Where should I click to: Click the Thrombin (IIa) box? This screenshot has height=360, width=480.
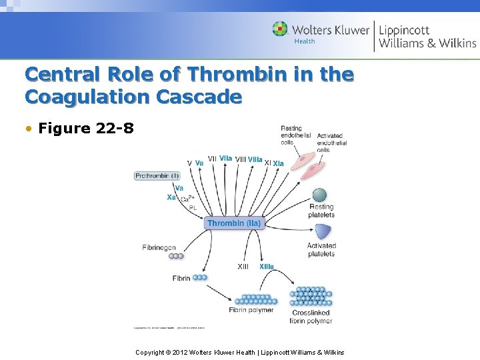pyautogui.click(x=234, y=223)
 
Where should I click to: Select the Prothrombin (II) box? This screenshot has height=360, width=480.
pyautogui.click(x=157, y=176)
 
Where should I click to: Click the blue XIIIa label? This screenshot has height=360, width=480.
pyautogui.click(x=266, y=267)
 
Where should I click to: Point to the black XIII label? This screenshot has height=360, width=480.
pyautogui.click(x=243, y=267)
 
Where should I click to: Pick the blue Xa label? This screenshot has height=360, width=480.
pyautogui.click(x=171, y=197)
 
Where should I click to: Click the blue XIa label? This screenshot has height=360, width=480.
pyautogui.click(x=278, y=163)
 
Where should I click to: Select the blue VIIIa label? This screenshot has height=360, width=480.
pyautogui.click(x=255, y=159)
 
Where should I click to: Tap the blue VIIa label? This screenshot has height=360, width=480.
pyautogui.click(x=225, y=158)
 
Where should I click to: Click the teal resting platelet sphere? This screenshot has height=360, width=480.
pyautogui.click(x=320, y=195)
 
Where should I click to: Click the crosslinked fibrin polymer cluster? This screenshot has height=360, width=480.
pyautogui.click(x=311, y=297)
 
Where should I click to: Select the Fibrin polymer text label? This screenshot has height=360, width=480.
pyautogui.click(x=251, y=310)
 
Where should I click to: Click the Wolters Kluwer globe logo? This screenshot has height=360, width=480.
pyautogui.click(x=280, y=29)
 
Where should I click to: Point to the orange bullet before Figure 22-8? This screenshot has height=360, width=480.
pyautogui.click(x=30, y=128)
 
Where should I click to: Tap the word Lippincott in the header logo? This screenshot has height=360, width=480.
pyautogui.click(x=405, y=30)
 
